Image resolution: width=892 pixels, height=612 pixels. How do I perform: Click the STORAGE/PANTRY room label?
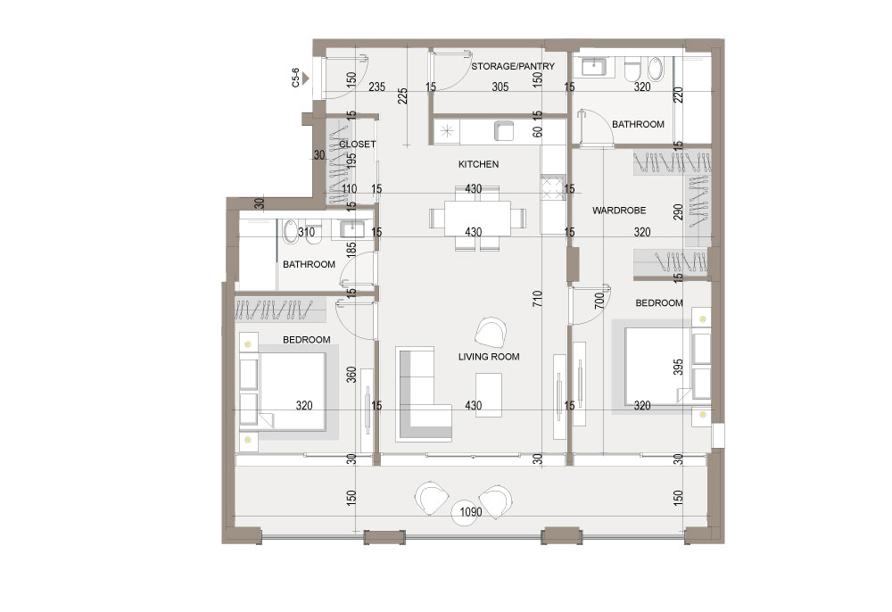click(x=513, y=66)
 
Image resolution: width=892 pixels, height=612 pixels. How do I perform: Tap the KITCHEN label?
click(x=478, y=164)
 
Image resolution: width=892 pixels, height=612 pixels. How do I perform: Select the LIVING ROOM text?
click(x=489, y=357)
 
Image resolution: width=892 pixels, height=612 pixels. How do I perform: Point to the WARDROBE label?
click(x=619, y=211)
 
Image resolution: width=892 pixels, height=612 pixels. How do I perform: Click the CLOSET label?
click(x=358, y=145)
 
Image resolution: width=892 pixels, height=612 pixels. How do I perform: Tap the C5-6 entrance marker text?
click(x=295, y=78)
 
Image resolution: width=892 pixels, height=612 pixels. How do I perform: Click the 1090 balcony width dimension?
click(x=470, y=512)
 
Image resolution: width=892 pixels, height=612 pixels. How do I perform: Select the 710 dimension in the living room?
click(x=538, y=299)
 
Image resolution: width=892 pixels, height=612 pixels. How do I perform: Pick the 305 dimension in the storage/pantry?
click(x=500, y=87)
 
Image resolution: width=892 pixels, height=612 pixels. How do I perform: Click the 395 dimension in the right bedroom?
click(x=678, y=367)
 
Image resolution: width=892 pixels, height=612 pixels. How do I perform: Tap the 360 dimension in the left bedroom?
click(x=351, y=375)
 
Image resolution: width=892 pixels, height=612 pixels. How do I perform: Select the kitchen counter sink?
click(x=504, y=131)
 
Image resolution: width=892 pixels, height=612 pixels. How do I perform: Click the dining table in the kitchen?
click(x=477, y=218)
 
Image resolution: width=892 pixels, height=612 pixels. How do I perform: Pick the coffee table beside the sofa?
click(x=489, y=394)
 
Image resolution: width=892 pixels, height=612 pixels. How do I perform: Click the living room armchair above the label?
click(x=491, y=332)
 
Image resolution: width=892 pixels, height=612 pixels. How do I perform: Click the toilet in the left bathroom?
click(x=291, y=231)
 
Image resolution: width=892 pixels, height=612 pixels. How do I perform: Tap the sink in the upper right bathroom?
click(x=594, y=68)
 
